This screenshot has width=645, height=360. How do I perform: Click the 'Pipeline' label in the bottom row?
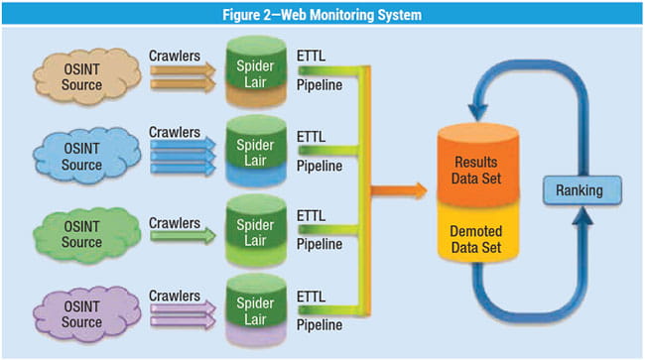[x=322, y=325]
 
